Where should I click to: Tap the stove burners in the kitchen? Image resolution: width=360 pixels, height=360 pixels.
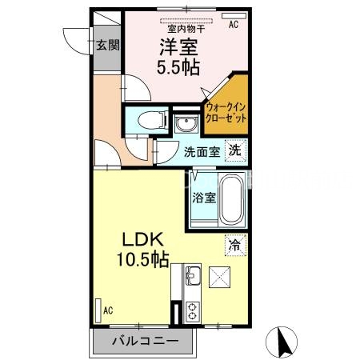[193, 310]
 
